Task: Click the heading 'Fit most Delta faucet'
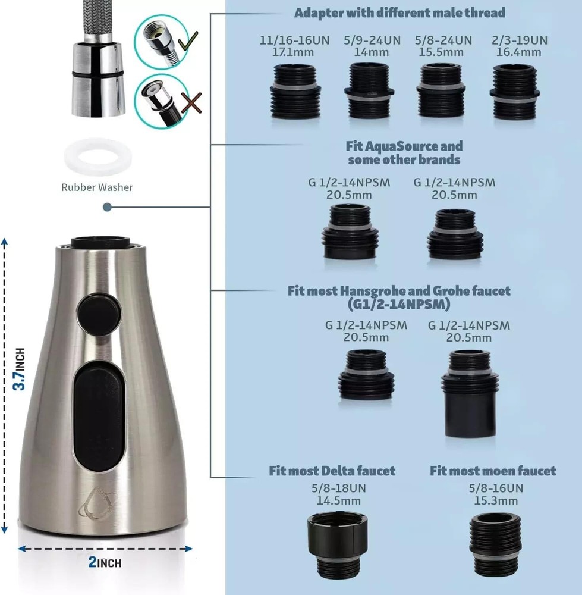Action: click(x=332, y=471)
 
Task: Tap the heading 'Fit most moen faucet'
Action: click(x=493, y=471)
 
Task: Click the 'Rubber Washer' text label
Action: click(x=97, y=187)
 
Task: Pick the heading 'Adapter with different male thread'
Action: click(x=399, y=12)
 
